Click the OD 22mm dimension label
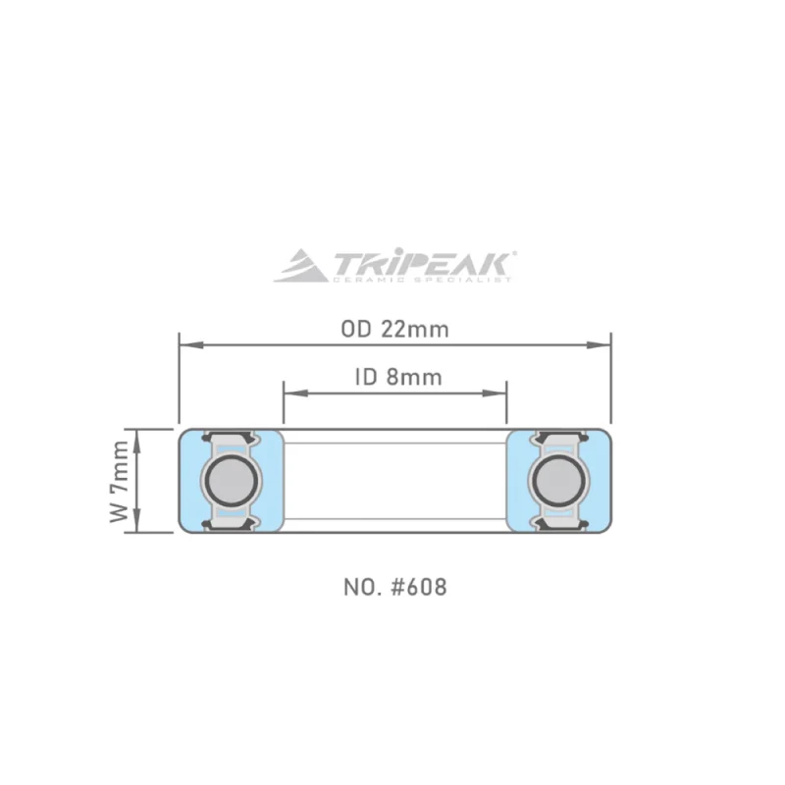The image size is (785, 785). click(394, 330)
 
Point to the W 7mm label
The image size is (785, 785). click(119, 481)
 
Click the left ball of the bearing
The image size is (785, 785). click(231, 481)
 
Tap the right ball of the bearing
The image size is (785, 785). click(557, 481)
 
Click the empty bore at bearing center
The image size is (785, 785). click(394, 481)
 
